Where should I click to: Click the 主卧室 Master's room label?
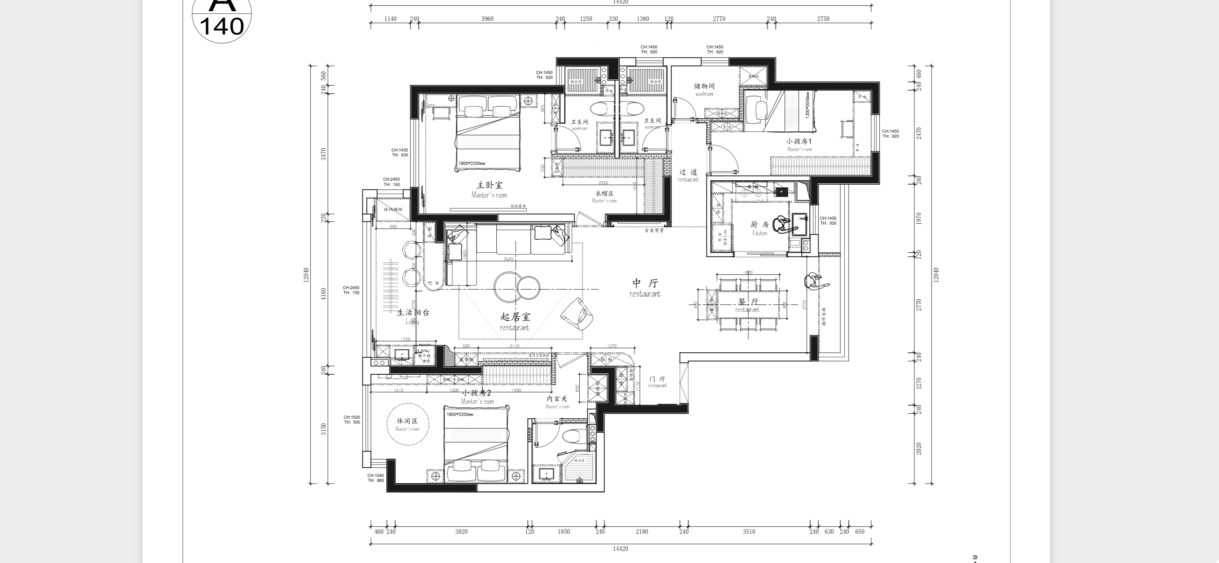(489, 186)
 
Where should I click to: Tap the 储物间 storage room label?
(704, 87)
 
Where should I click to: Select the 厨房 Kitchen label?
(759, 225)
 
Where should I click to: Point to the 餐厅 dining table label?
(748, 302)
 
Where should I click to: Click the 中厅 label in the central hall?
(645, 283)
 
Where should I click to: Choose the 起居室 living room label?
(515, 317)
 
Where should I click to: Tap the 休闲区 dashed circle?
(408, 424)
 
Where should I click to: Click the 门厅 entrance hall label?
(657, 379)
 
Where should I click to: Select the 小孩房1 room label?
(799, 142)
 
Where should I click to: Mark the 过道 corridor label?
(688, 172)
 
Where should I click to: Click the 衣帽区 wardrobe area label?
(604, 194)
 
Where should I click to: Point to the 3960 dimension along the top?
(487, 19)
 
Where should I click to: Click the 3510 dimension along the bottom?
(749, 531)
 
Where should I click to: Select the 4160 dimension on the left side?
(324, 294)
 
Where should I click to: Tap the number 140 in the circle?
(221, 26)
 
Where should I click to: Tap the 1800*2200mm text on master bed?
(471, 164)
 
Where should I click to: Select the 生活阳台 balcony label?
(412, 312)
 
